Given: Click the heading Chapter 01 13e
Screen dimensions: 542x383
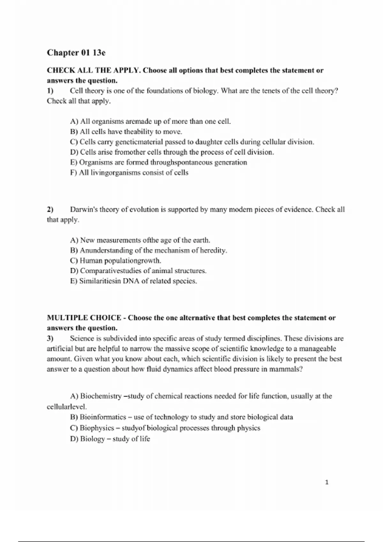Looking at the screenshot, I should coord(76,53).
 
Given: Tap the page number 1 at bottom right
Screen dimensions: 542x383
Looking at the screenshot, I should coord(327,482).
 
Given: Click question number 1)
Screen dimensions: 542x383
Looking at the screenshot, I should coord(50,91).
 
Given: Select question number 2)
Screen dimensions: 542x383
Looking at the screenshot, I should coord(50,210).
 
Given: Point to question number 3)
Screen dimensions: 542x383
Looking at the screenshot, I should coord(50,339).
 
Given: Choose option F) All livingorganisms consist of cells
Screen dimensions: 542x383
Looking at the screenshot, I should coord(129,173).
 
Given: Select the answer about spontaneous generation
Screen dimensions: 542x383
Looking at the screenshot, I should coord(159,163).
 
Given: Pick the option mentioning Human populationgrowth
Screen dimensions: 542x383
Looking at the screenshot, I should coord(116,261).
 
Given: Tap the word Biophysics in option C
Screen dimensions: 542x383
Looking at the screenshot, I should coord(97,428).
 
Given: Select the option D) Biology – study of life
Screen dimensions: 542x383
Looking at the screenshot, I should coord(110,439).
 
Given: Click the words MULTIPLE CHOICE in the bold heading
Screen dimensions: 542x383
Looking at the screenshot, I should coord(84,318).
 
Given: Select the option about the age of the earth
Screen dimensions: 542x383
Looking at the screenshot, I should coord(140,240).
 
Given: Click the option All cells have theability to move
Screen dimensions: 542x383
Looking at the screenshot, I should coord(126,132).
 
